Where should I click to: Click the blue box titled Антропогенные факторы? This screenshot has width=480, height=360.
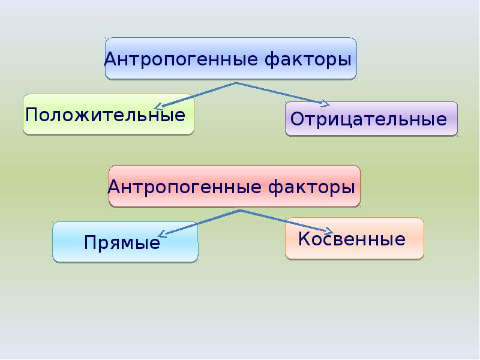231,58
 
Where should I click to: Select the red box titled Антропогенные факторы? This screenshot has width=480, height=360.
235,186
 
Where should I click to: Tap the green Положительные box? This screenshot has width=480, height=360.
109,114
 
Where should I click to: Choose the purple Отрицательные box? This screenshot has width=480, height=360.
371,119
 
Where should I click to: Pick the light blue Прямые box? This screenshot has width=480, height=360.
125,242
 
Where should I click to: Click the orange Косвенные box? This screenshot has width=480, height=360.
355,239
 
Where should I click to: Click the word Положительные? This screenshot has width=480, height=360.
106,115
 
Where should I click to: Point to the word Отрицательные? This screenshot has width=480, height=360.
368,119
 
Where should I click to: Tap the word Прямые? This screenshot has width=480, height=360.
122,243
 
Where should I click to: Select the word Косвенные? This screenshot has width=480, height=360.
352,239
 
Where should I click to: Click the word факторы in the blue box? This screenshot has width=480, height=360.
308,59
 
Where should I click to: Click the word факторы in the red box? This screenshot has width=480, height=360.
311,187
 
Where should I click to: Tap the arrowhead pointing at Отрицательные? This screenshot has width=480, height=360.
326,104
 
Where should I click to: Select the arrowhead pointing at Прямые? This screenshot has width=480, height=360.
161,235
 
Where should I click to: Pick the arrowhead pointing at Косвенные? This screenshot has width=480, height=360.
329,231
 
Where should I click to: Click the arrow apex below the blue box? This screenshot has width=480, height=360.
235,83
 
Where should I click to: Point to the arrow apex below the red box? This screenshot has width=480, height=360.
239,211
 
